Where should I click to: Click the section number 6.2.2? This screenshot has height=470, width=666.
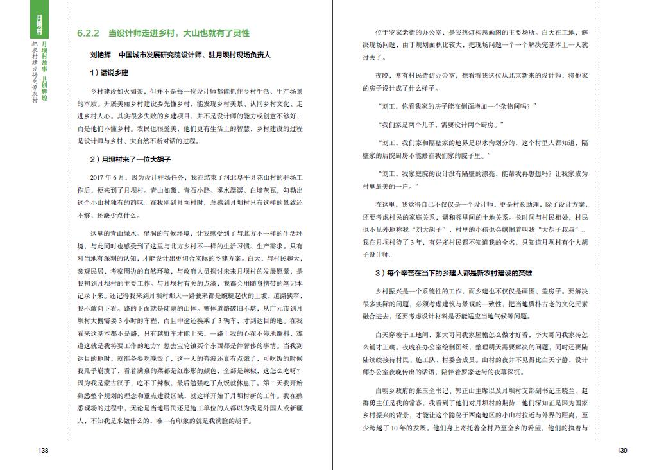point(86,33)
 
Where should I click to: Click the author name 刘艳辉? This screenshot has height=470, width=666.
point(101,55)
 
